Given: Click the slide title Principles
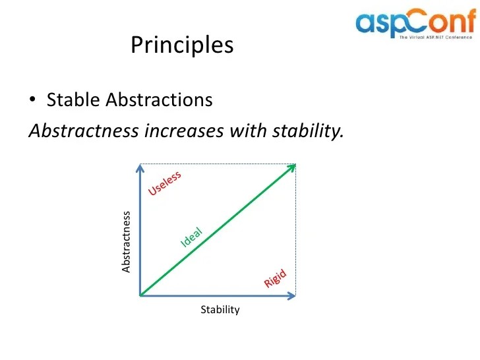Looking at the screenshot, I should (x=182, y=45).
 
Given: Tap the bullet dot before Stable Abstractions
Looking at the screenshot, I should (x=33, y=101).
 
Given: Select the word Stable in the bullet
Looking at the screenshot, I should (x=74, y=100).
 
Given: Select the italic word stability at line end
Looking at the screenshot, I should (x=307, y=131).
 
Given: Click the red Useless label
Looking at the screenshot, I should (x=165, y=183).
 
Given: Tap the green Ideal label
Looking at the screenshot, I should (x=191, y=237).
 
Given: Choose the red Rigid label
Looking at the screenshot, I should (x=276, y=279).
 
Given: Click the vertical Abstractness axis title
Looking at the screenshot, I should (x=127, y=241).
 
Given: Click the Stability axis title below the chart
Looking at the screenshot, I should (x=220, y=309).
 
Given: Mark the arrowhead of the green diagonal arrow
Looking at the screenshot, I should (x=291, y=167).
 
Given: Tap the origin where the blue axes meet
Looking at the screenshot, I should (x=141, y=295).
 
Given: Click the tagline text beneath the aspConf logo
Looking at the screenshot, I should (x=435, y=38).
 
